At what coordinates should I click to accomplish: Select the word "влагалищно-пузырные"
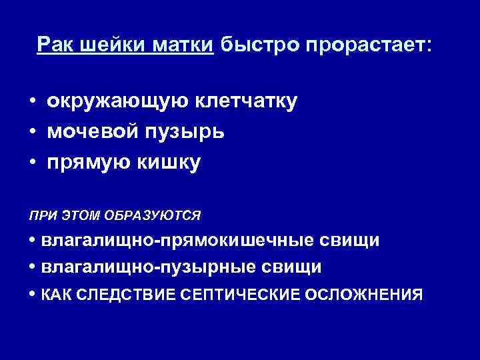(149, 267)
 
